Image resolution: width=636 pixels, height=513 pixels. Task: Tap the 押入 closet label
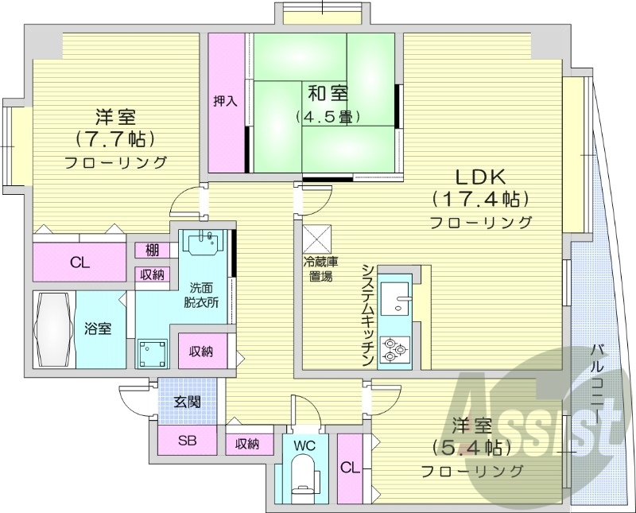[x=225, y=101]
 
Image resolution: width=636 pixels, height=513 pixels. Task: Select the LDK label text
[x=480, y=177]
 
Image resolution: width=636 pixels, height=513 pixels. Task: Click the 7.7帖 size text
[x=114, y=139]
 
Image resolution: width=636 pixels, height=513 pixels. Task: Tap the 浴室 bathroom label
[x=99, y=328]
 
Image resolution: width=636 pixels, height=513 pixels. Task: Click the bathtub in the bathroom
[x=54, y=328]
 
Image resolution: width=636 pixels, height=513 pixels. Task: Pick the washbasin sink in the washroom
[x=206, y=241]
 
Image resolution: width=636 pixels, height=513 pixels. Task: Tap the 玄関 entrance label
[x=187, y=402]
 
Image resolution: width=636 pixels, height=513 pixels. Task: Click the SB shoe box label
[x=187, y=440]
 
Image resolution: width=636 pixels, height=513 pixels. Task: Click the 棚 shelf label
[x=151, y=251]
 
